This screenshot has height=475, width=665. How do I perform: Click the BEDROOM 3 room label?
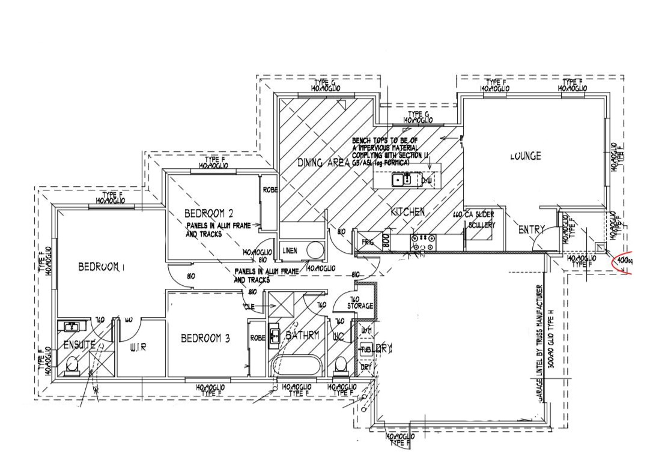[205, 339]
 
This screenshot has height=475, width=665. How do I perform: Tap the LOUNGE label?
[526, 156]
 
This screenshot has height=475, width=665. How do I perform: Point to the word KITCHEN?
[408, 212]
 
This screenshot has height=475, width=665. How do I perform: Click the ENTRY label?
[532, 229]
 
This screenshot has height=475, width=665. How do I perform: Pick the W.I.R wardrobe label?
[138, 346]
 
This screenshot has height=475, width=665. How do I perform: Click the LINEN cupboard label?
[289, 250]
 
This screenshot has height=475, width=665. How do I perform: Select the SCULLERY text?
[482, 225]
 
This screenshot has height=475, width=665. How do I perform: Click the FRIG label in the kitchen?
[368, 243]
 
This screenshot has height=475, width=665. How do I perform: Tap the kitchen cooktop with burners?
[422, 242]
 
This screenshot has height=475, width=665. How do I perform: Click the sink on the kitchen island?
[401, 179]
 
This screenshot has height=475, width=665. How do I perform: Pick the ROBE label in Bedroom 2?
[270, 190]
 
